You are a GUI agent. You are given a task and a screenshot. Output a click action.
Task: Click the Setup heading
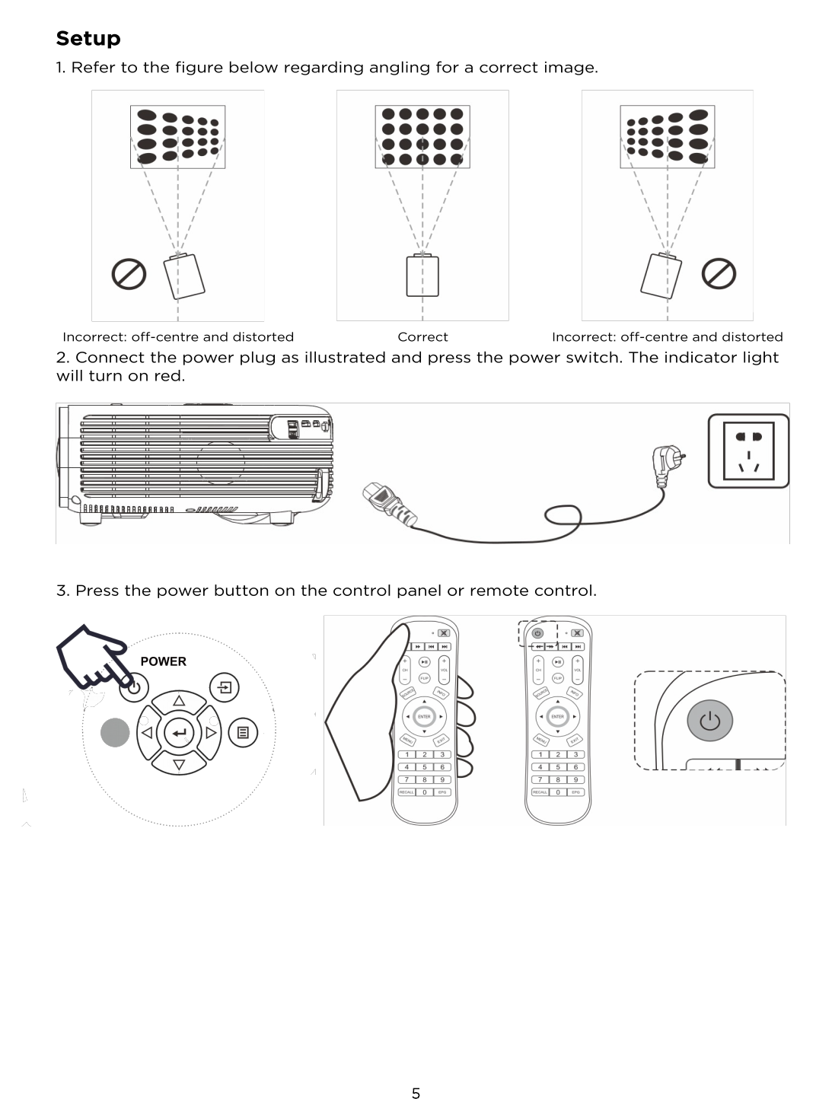point(88,38)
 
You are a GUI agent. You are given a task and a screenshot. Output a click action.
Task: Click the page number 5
point(416,1093)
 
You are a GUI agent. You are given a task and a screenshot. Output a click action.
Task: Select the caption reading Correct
point(422,336)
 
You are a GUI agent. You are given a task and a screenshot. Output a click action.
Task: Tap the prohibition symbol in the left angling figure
point(129,273)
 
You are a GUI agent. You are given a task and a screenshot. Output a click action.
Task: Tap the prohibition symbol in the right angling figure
point(718,273)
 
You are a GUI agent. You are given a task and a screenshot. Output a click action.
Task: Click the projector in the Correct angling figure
point(422,276)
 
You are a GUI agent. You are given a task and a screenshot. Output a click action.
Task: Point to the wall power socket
point(748,451)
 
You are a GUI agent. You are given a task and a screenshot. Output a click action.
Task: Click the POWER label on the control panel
point(163,661)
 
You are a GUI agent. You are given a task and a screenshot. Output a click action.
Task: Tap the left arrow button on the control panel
point(147,732)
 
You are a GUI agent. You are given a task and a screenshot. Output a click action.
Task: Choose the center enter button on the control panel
point(179,732)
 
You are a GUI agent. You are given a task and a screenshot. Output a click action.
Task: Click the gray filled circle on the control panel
point(115,732)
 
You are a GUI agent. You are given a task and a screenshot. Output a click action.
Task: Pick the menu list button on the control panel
point(243,732)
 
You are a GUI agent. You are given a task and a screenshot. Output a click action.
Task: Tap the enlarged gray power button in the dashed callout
point(709,720)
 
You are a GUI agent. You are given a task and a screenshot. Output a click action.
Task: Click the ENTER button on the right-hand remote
point(557,716)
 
